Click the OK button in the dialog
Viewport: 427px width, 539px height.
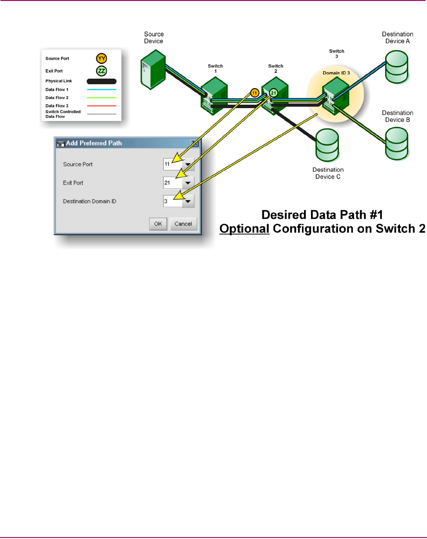(157, 224)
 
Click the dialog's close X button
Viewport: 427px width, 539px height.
(194, 144)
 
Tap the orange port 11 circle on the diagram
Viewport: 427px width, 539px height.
(254, 92)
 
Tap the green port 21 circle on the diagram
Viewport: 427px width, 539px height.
(274, 92)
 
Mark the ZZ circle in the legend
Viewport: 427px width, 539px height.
(102, 71)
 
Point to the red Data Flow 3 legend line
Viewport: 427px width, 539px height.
(102, 106)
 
